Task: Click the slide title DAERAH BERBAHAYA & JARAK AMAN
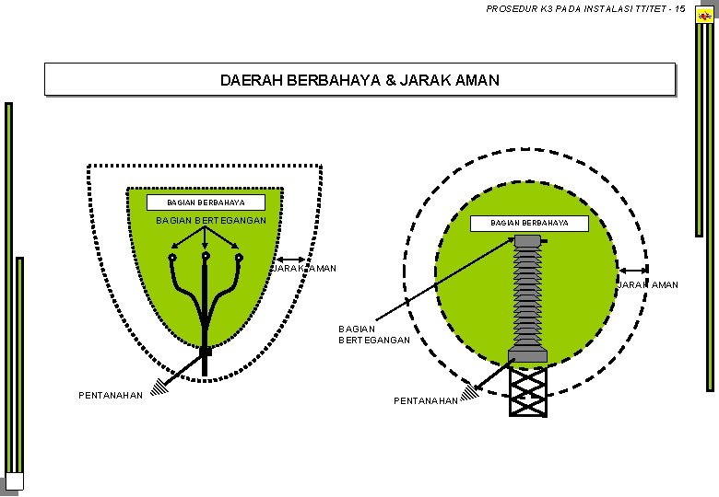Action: coord(359,80)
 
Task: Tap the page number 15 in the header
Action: coord(679,9)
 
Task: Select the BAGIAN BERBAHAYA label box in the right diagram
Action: coord(529,223)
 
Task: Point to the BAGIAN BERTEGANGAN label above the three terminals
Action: coord(211,221)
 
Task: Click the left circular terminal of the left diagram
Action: coord(172,259)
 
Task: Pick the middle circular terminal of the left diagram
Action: coord(206,257)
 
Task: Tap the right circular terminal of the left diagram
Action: coord(240,259)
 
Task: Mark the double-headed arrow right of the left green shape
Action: coord(294,260)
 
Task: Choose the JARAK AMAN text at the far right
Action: coord(650,284)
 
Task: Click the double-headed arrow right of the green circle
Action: coord(634,271)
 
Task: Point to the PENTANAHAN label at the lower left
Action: coord(111,396)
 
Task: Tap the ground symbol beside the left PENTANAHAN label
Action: coord(160,387)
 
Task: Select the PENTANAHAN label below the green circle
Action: coord(425,401)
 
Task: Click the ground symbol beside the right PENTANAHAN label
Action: coord(469,393)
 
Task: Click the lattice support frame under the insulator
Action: coord(528,390)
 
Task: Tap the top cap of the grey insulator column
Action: coord(527,241)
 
